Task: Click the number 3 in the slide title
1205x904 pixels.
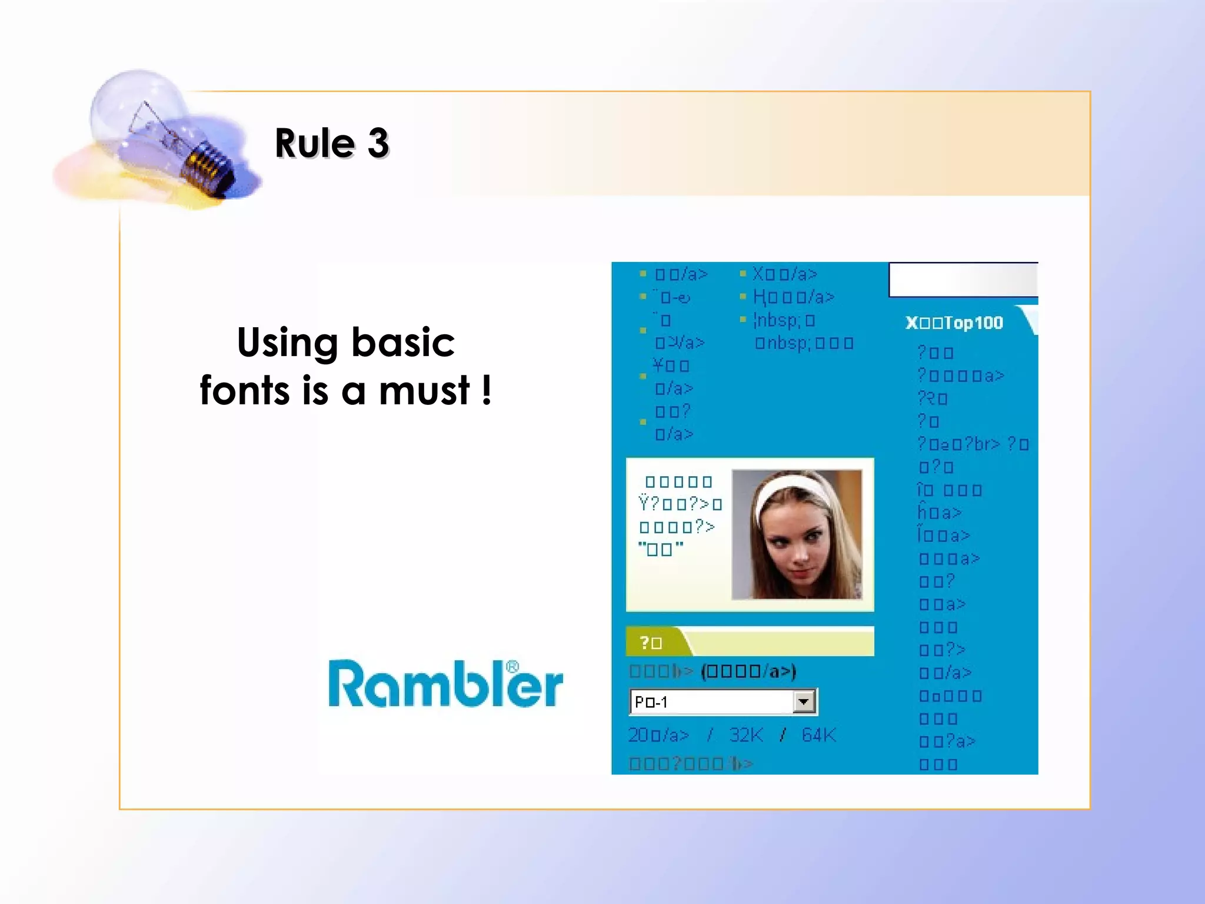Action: coord(378,143)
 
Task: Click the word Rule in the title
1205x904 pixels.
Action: coord(315,143)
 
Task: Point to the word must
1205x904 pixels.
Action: coord(424,390)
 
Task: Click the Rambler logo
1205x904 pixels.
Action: coord(445,684)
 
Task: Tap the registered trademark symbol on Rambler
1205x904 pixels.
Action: coord(512,667)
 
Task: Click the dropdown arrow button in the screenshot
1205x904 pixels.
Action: coord(803,702)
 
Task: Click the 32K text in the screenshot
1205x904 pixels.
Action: coord(745,735)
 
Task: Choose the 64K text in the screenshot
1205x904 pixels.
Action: coord(818,735)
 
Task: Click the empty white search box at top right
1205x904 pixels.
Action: coord(963,280)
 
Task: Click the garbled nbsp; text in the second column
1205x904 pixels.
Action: coord(778,321)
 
